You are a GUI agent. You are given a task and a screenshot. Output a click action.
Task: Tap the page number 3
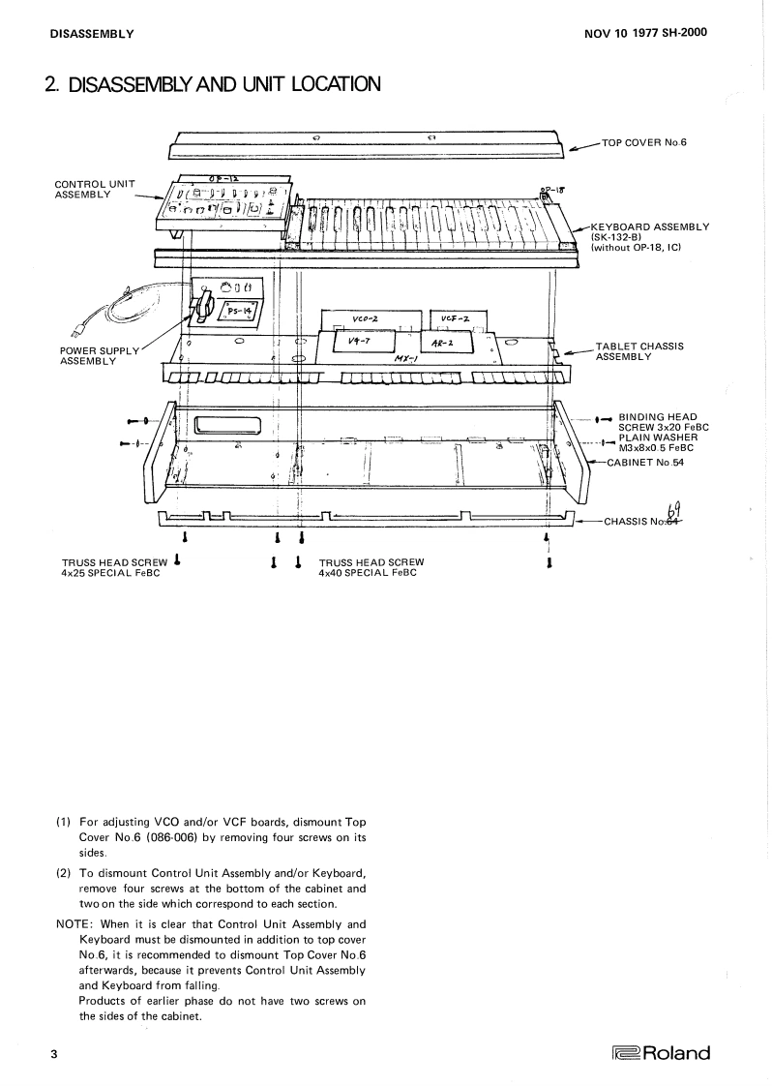pyautogui.click(x=54, y=1053)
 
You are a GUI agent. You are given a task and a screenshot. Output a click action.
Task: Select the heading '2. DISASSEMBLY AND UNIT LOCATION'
pyautogui.click(x=213, y=85)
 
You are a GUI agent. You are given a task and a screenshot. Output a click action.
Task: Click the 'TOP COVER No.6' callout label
pyautogui.click(x=644, y=142)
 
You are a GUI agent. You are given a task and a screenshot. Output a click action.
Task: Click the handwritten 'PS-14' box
pyautogui.click(x=238, y=311)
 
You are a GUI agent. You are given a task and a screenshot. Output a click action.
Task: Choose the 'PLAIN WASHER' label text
pyautogui.click(x=655, y=437)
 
